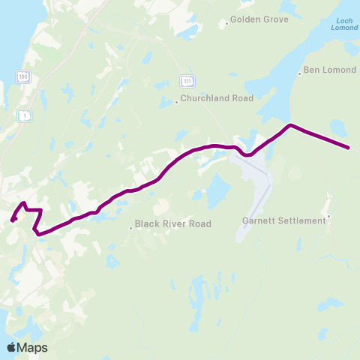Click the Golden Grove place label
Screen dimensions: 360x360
click(259, 19)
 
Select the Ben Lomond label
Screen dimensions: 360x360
click(325, 73)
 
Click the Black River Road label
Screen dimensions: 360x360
click(172, 223)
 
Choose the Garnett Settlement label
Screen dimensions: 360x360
click(284, 220)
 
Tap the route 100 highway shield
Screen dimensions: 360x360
click(24, 76)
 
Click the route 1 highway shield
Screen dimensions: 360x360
click(25, 115)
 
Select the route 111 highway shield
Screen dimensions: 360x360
click(187, 80)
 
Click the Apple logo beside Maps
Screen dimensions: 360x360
click(11, 347)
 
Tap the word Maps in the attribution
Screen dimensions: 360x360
click(32, 347)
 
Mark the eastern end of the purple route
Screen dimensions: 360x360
click(349, 148)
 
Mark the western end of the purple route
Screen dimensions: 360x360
click(13, 220)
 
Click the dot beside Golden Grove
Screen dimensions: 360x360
click(226, 23)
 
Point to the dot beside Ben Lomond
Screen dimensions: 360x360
click(299, 73)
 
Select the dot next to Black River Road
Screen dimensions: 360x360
click(131, 228)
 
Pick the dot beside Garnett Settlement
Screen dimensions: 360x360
click(328, 217)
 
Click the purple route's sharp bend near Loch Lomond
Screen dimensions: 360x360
click(290, 124)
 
